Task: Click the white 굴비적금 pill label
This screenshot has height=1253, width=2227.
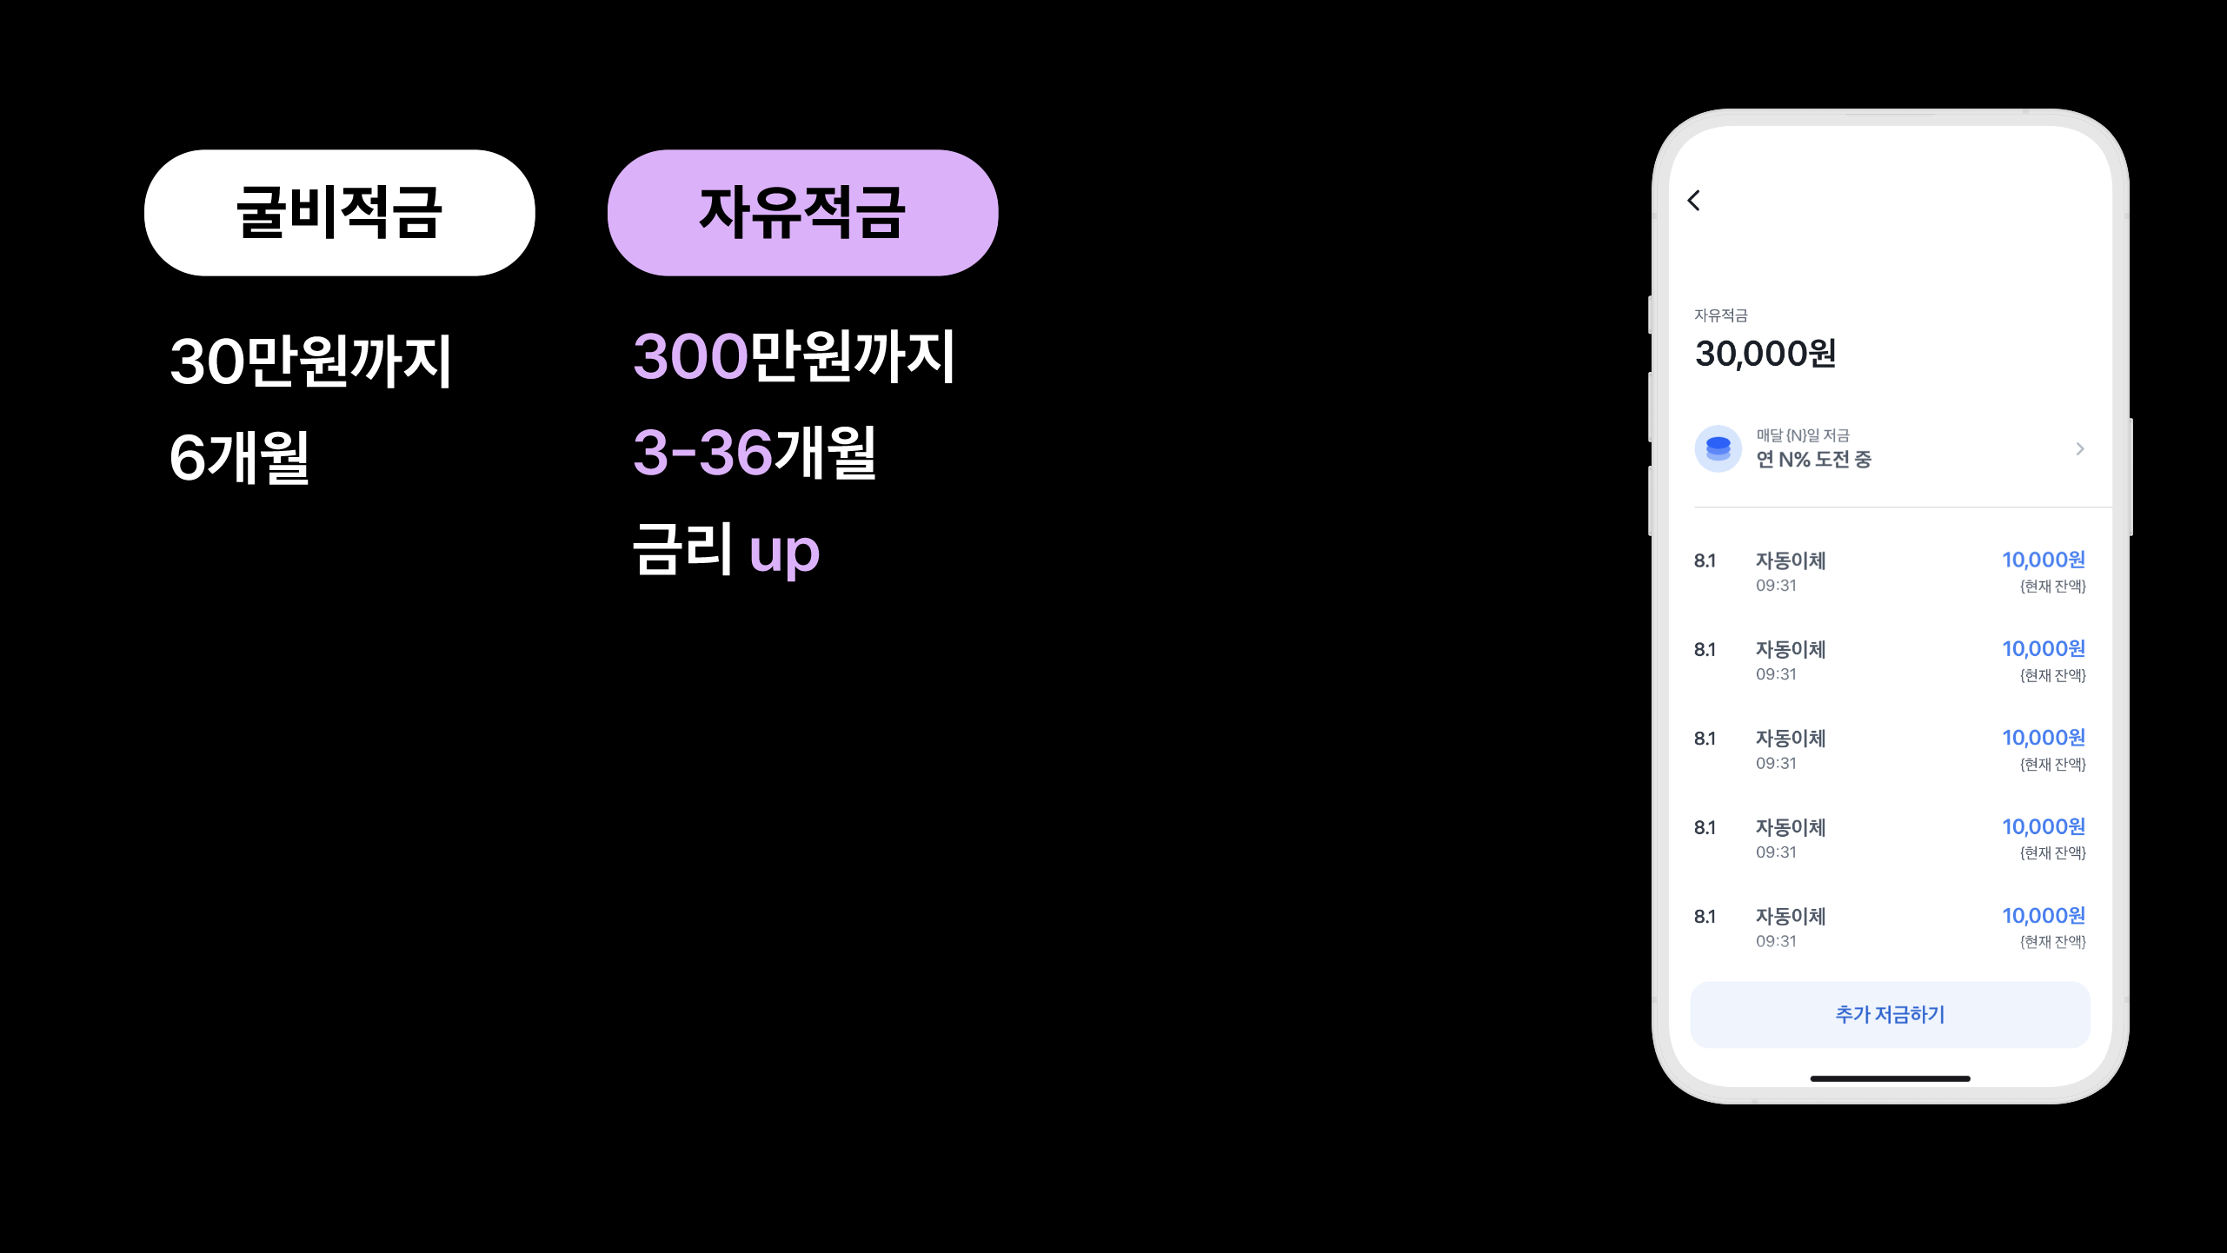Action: coord(339,213)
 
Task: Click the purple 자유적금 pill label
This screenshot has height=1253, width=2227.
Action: coord(802,213)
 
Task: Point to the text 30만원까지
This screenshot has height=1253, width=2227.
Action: coord(310,361)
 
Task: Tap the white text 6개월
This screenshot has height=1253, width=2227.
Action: coord(239,457)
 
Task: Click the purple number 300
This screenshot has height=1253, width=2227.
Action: coord(690,357)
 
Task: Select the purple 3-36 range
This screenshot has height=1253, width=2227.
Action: coord(702,453)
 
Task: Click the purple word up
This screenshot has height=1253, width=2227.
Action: coord(784,553)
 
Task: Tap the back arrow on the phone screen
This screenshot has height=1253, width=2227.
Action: coord(1693,201)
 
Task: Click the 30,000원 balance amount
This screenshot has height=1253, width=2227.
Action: coord(1765,354)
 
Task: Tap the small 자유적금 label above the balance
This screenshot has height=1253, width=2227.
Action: coord(1720,315)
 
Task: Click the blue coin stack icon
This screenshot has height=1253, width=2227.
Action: coord(1718,448)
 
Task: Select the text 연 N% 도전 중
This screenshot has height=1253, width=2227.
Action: coord(1813,460)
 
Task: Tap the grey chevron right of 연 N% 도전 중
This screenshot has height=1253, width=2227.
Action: coord(2080,448)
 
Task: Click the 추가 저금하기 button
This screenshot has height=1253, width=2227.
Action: coord(1890,1014)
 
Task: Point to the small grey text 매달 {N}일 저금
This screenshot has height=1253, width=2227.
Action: coord(1802,435)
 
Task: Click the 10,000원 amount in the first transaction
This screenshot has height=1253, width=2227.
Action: coord(2044,560)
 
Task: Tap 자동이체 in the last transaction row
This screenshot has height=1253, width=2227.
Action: coord(1791,916)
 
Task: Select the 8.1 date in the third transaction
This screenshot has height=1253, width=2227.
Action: coord(1705,739)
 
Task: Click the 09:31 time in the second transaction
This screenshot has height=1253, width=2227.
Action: coord(1776,674)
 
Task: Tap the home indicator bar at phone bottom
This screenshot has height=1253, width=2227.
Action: coord(1890,1078)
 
